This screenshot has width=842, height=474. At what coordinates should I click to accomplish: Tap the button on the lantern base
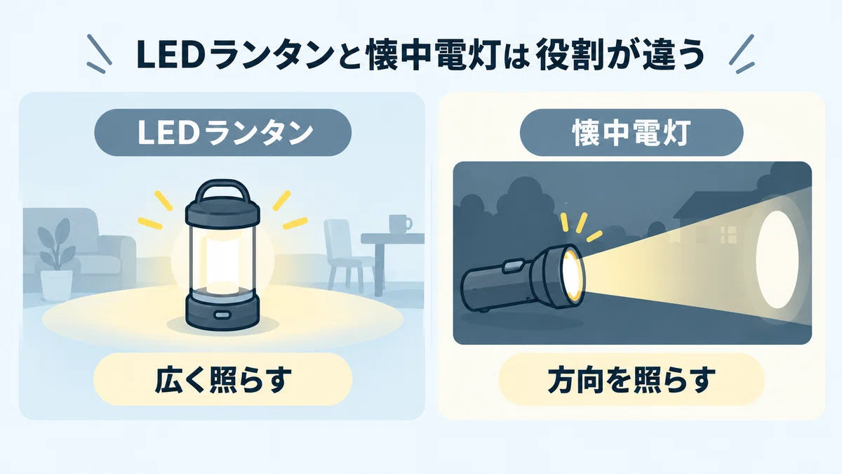pos(222,314)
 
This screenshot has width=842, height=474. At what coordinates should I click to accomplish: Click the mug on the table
pos(399,223)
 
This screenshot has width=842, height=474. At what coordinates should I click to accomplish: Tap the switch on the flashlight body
pos(513,265)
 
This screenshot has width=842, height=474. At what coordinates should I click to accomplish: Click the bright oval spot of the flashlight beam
pos(777,260)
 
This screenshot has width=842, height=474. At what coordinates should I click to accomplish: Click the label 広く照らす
pos(223,380)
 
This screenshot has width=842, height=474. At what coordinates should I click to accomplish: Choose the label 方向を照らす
pos(631,380)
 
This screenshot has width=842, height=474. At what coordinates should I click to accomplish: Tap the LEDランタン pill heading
pos(223,133)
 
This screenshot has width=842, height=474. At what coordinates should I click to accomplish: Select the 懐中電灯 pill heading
pos(631,133)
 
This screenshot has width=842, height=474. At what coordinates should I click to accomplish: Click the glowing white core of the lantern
pos(222,260)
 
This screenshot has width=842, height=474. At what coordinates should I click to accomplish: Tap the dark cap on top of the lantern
pos(222,213)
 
